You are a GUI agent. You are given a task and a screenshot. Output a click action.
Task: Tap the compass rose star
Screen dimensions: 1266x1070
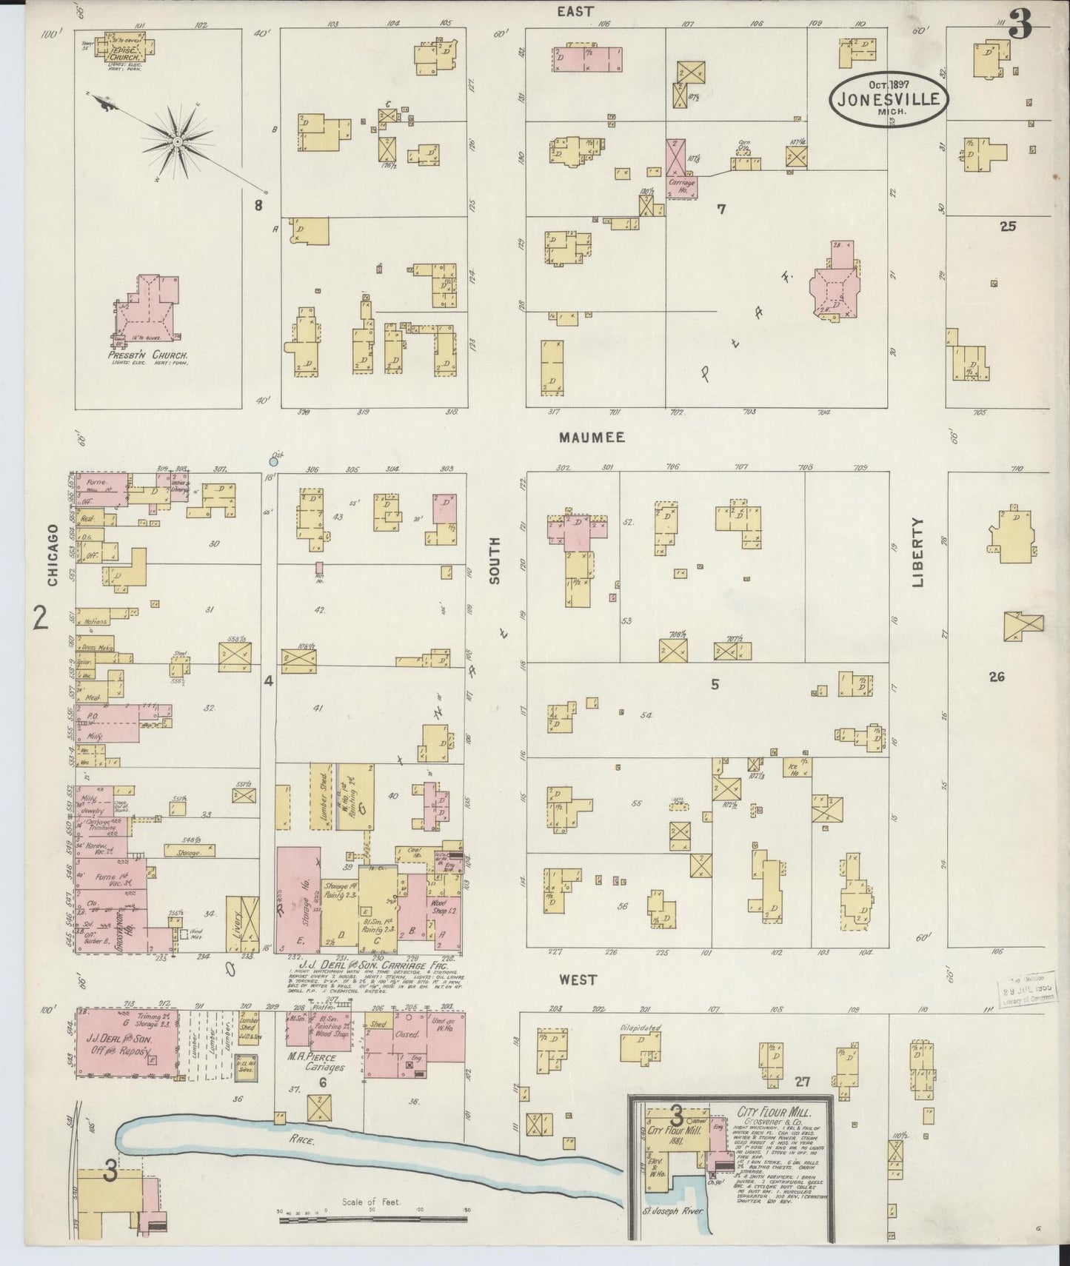click(x=178, y=139)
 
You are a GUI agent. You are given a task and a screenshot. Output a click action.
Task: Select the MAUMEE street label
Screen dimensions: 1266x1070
click(x=592, y=438)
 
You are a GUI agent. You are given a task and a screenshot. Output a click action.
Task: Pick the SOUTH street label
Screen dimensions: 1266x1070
click(x=495, y=560)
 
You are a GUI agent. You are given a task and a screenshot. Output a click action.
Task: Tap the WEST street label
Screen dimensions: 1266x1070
click(x=578, y=979)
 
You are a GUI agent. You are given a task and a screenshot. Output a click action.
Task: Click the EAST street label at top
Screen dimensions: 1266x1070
click(x=575, y=11)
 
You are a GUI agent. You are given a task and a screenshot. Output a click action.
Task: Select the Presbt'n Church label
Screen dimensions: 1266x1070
click(x=147, y=355)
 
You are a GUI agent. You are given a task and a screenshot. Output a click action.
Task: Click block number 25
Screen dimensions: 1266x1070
click(x=1007, y=227)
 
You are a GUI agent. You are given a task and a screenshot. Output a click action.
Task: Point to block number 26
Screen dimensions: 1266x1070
click(x=997, y=676)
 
